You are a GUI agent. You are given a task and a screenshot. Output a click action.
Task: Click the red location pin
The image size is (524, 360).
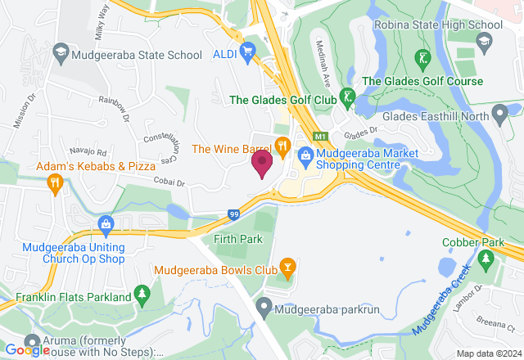click(262, 164)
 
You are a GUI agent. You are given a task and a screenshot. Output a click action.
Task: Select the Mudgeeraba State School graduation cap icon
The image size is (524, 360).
click(60, 56)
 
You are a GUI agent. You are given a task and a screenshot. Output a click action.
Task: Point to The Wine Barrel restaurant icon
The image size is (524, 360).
click(282, 148)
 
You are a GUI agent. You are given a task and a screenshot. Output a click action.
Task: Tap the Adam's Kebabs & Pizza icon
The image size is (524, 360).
click(55, 182)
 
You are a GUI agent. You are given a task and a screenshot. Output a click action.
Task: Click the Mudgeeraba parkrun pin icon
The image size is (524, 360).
click(264, 309)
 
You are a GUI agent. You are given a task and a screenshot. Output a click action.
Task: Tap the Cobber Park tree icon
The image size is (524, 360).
click(486, 259)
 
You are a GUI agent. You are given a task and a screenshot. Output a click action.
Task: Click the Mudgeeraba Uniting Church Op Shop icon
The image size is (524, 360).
click(105, 223)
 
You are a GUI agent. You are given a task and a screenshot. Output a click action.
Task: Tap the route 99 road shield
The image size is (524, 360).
click(233, 215)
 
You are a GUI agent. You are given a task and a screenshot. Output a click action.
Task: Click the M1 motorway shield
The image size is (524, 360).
click(321, 137)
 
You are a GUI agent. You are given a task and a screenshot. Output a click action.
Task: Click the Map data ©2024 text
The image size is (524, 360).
click(487, 353)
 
